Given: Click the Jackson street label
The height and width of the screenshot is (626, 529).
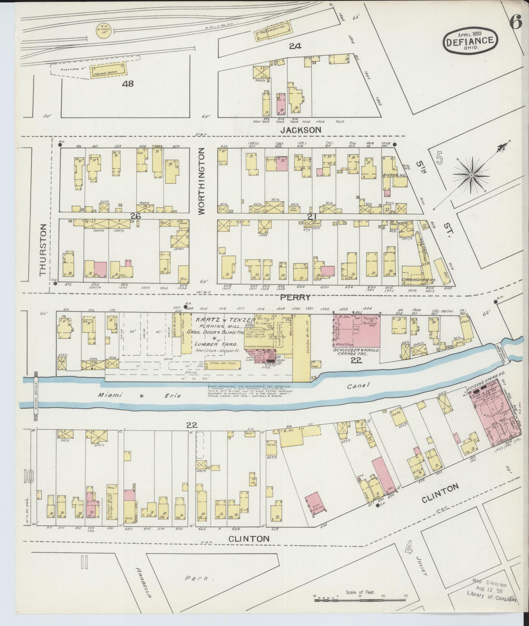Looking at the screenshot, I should click(x=301, y=130).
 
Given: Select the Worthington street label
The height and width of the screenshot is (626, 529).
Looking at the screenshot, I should click(x=201, y=181).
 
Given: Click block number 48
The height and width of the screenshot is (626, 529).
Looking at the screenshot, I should click(x=128, y=84).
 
